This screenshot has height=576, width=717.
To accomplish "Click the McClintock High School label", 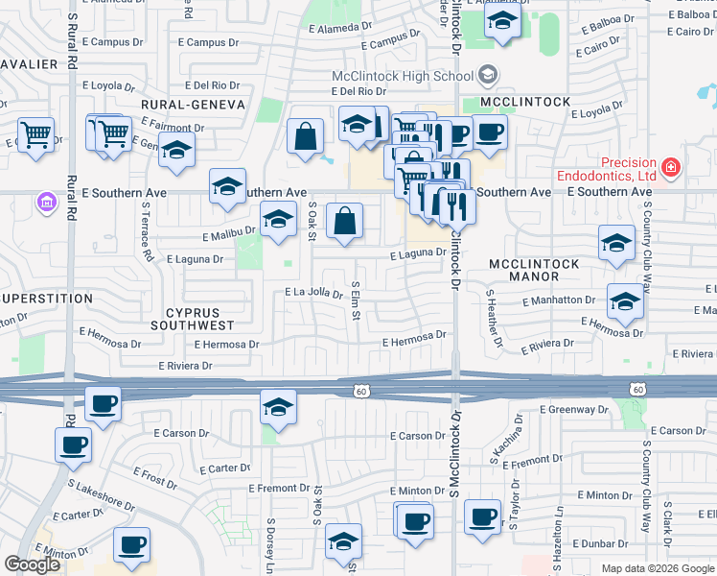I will pyautogui.click(x=403, y=76).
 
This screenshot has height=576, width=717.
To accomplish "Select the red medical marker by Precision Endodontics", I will pyautogui.click(x=671, y=169).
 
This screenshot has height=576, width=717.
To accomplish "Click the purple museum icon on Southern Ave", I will pyautogui.click(x=44, y=203).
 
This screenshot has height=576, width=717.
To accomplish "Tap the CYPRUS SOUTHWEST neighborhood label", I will pyautogui.click(x=192, y=319).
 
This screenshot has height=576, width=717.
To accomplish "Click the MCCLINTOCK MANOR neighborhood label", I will pyautogui.click(x=536, y=270).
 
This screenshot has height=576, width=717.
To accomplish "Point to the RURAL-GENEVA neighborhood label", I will pyautogui.click(x=193, y=104).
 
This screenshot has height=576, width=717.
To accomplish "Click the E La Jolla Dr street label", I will pyautogui.click(x=313, y=293).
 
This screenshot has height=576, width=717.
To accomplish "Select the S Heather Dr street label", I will pyautogui.click(x=493, y=320).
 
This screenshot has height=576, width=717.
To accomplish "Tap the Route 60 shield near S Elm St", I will pyautogui.click(x=360, y=390).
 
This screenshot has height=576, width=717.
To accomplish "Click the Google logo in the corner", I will pyautogui.click(x=32, y=564).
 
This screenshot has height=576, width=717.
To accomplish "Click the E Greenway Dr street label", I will pyautogui.click(x=574, y=409).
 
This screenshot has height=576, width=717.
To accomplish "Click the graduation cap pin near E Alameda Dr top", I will pyautogui.click(x=502, y=23).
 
